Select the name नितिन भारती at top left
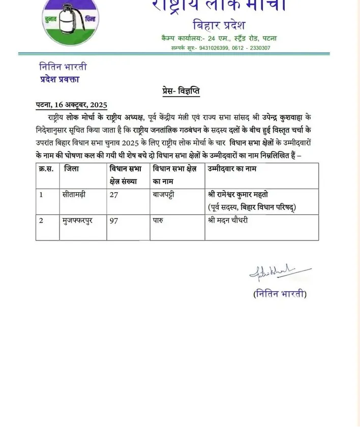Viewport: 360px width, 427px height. point(63,67)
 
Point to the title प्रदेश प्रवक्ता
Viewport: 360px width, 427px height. point(59,79)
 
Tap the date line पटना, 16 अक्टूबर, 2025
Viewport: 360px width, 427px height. point(72,105)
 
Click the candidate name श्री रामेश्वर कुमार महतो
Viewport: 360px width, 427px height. point(246,194)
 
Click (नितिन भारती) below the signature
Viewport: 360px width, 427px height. point(280,294)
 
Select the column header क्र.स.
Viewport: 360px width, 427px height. point(47,169)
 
